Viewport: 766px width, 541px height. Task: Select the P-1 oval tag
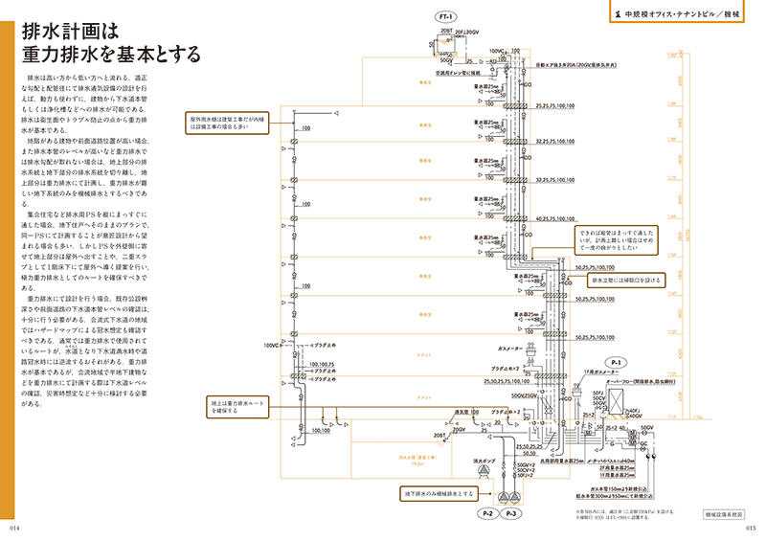click(617, 362)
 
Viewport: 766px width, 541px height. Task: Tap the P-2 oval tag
click(487, 515)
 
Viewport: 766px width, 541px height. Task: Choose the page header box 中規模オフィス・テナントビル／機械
click(680, 15)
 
